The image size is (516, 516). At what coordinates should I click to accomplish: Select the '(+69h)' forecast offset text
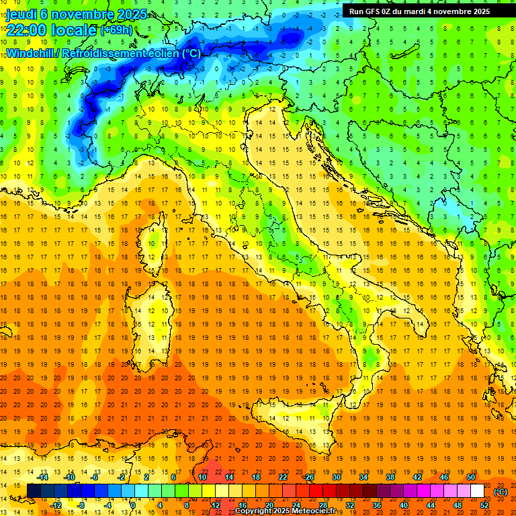click(x=116, y=31)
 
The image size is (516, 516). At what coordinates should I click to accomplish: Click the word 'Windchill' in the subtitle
click(x=30, y=53)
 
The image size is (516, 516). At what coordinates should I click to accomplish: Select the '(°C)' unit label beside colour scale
click(x=501, y=492)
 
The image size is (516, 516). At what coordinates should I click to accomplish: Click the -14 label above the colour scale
click(x=42, y=477)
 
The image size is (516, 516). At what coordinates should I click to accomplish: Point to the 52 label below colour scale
click(x=484, y=505)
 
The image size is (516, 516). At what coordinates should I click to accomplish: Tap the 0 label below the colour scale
click(x=133, y=505)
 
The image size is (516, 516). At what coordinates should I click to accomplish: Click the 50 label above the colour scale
click(x=471, y=477)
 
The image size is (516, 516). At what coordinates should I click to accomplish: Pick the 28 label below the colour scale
click(x=322, y=505)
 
